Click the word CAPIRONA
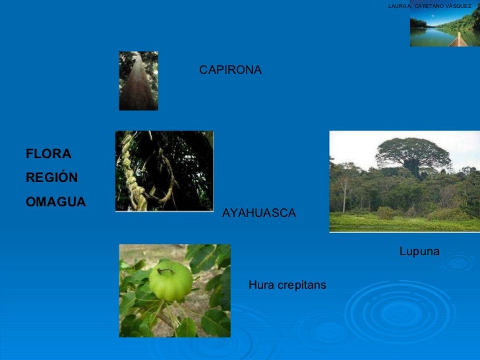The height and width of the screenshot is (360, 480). point(230,70)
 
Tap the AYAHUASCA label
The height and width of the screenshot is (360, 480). point(259,214)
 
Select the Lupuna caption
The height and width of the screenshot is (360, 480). point(419,251)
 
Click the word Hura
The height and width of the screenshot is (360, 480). point(260,285)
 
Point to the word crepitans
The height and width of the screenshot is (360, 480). point(301,285)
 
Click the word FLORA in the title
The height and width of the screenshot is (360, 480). point(48,154)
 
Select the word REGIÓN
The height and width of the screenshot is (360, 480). point(51,178)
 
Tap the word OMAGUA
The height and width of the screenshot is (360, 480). point(55,202)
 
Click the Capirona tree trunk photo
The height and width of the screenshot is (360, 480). point(138,81)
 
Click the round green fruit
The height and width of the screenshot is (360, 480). point(170,281)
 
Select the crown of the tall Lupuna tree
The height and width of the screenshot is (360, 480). point(413,151)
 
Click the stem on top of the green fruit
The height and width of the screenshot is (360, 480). point(165,270)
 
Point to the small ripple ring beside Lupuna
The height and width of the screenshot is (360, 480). point(456,263)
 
